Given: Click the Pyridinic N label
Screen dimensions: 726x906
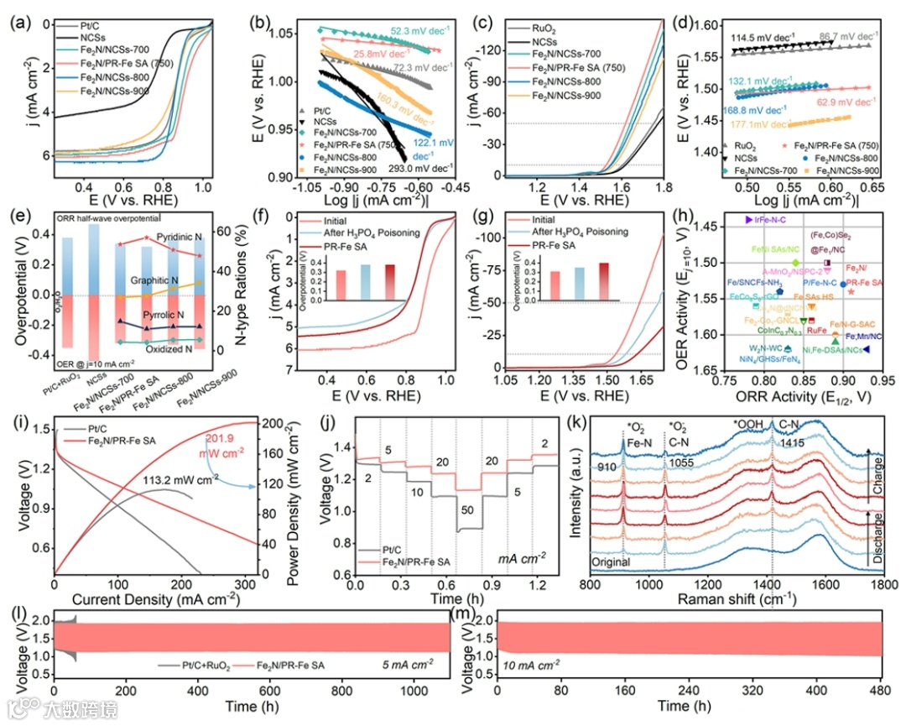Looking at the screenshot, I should tap(179, 239).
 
